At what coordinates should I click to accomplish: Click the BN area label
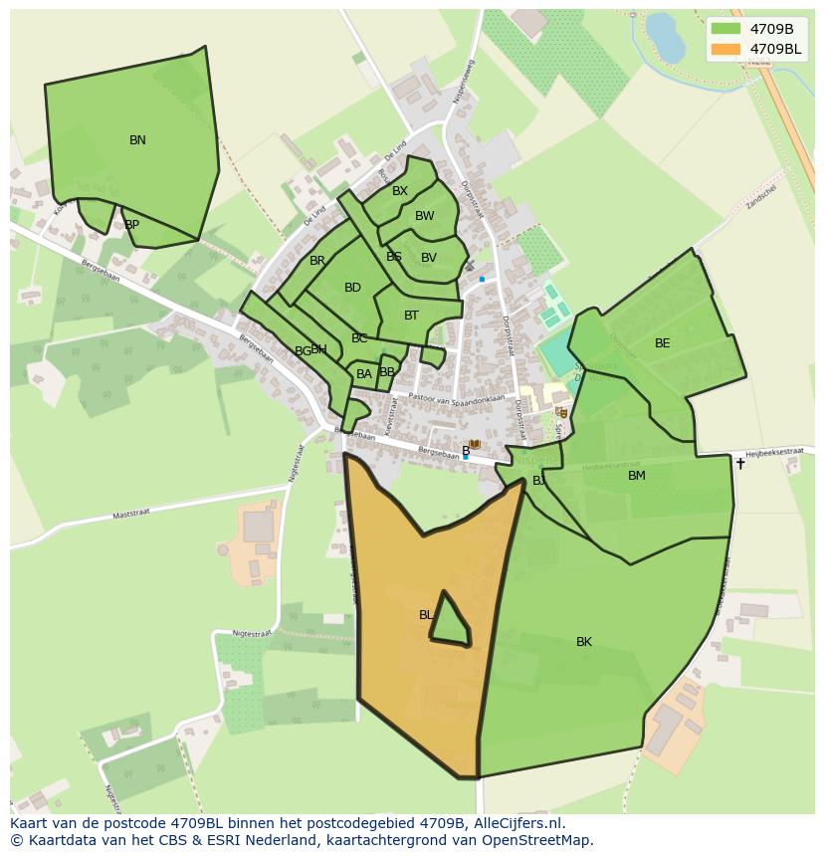coord(137,140)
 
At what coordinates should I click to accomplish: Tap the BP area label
coord(131,225)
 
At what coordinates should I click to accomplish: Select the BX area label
coord(399,191)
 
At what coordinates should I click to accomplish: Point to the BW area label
coord(425,216)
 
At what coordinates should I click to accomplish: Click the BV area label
coord(429,258)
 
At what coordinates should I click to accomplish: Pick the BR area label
coord(317,261)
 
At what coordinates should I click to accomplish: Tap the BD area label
coord(352,288)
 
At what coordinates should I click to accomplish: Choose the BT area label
coord(411,316)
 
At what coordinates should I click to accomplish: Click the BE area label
coord(663,343)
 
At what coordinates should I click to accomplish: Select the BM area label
coord(637,476)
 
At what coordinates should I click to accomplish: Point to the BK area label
coord(584,642)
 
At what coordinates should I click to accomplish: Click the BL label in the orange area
coord(426,615)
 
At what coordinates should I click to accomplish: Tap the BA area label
coord(364,374)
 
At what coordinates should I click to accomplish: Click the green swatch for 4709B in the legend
coord(726,28)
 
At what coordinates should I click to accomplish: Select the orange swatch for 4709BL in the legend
coord(726,49)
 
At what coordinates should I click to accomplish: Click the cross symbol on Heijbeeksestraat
coord(739,463)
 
